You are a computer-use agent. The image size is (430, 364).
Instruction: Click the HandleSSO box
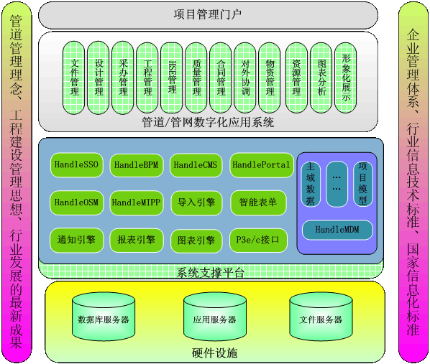(x=76, y=164)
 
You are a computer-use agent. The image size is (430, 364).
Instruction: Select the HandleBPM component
(x=137, y=165)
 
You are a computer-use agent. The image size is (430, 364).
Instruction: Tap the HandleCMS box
(x=196, y=165)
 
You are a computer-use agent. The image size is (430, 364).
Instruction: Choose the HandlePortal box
(x=261, y=165)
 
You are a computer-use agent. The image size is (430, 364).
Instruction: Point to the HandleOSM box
(x=76, y=202)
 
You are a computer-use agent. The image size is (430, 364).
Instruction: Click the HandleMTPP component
(x=137, y=202)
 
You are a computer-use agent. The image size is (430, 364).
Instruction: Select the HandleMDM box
(x=337, y=230)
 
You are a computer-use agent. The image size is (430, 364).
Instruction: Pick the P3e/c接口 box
(x=258, y=241)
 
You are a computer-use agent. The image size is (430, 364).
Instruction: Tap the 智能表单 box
(x=258, y=202)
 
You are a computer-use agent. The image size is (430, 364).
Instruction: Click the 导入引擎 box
(x=196, y=202)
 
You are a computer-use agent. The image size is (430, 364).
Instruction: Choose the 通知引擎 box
(x=76, y=241)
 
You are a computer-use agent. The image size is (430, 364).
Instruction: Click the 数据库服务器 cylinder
(x=104, y=317)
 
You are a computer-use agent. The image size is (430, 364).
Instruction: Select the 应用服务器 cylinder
(x=215, y=317)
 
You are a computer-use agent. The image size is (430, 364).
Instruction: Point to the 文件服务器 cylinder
(x=321, y=317)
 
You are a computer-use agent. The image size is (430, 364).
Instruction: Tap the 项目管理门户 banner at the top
(x=208, y=15)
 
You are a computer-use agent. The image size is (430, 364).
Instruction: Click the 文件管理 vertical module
(x=74, y=78)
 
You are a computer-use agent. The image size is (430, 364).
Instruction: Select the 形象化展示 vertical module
(x=346, y=78)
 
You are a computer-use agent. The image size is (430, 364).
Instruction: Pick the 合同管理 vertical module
(x=221, y=78)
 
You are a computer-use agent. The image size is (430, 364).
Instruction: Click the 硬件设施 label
(x=215, y=353)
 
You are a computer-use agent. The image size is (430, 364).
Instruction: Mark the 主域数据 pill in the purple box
(x=311, y=184)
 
